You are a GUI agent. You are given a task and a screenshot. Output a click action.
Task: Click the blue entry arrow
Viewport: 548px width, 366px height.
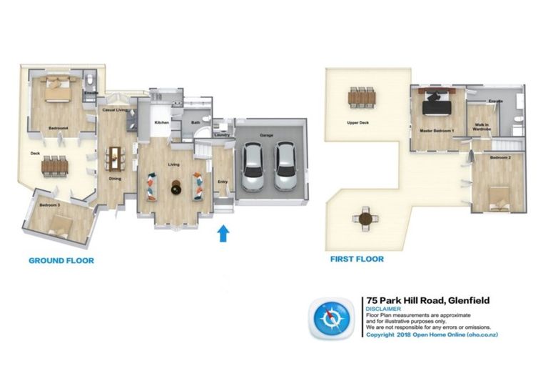click(x=223, y=233)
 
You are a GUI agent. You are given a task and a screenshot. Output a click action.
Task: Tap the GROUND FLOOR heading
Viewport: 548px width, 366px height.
click(x=61, y=261)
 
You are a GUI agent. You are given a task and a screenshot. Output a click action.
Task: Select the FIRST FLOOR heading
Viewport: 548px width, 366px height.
click(x=356, y=259)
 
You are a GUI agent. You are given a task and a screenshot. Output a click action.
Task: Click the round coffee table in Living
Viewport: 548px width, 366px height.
click(x=176, y=188)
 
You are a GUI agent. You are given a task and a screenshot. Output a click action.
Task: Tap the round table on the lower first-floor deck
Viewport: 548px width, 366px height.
click(x=366, y=218)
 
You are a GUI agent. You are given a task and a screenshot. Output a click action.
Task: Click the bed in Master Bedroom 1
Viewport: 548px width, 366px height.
click(x=436, y=104)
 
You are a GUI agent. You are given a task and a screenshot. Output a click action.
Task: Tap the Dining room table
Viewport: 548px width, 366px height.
click(x=115, y=157)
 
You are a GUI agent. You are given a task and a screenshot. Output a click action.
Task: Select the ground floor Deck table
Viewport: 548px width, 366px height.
click(x=55, y=166)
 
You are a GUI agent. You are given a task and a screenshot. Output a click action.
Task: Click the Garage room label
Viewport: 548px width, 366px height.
click(x=267, y=135)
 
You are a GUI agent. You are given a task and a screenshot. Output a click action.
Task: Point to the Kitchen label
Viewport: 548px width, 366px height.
click(x=161, y=122)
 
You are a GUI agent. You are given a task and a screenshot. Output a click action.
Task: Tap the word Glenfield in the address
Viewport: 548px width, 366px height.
click(x=467, y=300)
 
